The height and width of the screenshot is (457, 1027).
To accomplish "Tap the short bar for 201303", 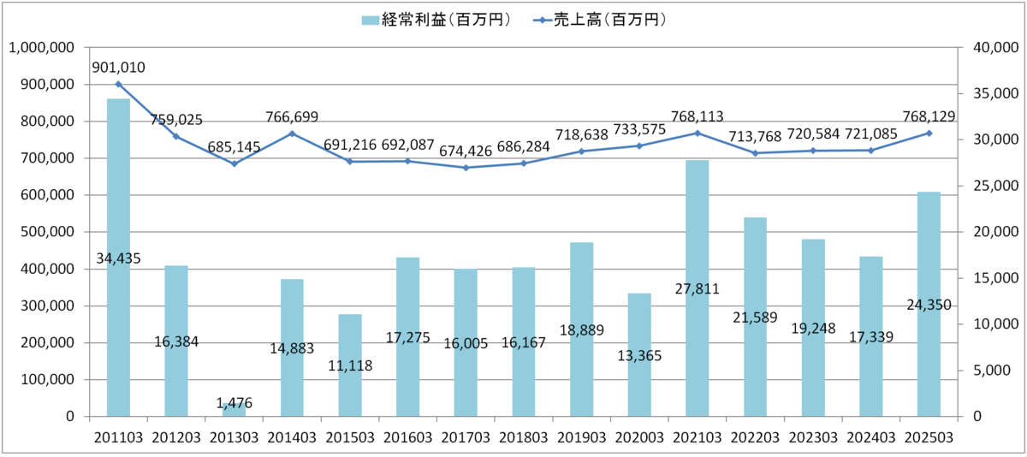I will point(234,410).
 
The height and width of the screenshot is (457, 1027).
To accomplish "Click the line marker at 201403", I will point(292,134).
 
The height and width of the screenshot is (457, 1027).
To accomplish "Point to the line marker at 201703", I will point(466,168).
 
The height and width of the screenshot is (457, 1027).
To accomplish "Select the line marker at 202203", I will point(755,153).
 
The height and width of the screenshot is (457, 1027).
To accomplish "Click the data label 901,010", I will point(118,68).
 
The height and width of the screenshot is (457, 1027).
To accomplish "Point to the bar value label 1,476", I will point(234,402).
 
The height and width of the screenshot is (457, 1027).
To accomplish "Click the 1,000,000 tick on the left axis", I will point(42,48).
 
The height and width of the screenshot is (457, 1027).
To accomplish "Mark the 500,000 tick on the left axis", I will point(48,232).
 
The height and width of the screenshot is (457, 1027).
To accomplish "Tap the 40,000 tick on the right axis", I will point(993,48).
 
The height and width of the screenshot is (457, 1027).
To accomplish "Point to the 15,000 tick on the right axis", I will point(993,278).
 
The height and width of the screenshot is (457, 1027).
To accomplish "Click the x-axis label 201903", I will point(581,436).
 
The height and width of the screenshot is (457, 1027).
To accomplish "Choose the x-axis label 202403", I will point(870,436).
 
